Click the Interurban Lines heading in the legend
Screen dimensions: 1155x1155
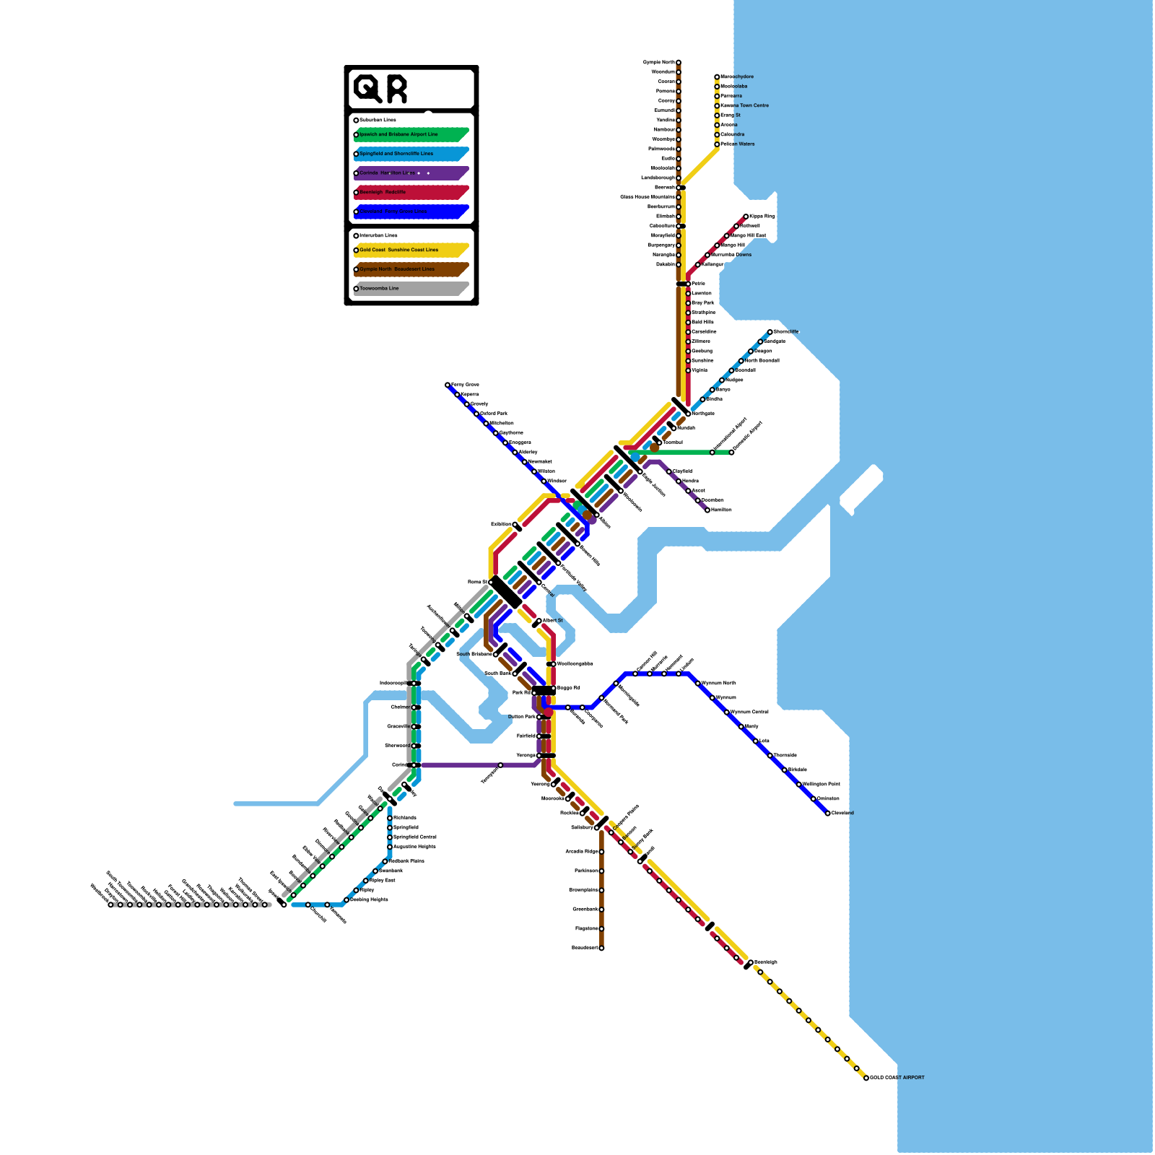378,235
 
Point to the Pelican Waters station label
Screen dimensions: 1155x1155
737,144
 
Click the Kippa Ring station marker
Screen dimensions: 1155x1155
746,217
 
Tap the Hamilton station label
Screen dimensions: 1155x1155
721,510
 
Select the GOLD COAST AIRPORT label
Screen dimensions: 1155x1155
897,1078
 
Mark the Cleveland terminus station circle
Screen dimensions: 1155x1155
828,814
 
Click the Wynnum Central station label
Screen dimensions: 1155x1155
750,712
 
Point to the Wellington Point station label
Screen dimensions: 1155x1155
821,785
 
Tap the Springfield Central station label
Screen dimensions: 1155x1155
415,837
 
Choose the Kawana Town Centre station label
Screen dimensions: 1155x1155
745,106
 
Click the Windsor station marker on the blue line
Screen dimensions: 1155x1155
544,481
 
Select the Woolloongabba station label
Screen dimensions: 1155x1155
575,664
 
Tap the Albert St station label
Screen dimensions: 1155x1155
552,621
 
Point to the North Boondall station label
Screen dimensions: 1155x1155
762,361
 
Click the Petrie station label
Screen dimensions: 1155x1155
698,284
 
